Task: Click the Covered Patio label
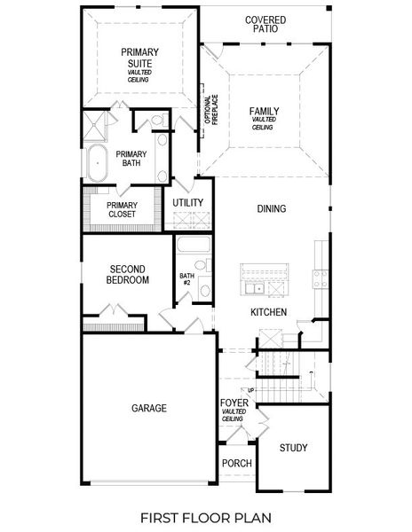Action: click(265, 23)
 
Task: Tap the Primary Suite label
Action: click(139, 58)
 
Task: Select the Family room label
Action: click(264, 113)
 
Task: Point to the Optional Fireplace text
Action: click(214, 113)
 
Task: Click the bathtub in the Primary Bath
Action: click(96, 164)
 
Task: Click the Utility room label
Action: click(188, 203)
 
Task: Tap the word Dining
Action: click(271, 209)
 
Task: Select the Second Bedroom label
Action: click(128, 274)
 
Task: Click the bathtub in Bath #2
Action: click(193, 248)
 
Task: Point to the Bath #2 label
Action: click(186, 279)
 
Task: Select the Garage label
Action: click(148, 408)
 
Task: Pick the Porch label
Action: click(236, 464)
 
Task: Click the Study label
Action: click(293, 448)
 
